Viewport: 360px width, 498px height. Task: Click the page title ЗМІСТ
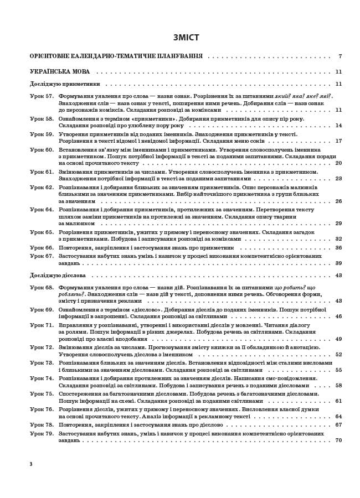pos(186,38)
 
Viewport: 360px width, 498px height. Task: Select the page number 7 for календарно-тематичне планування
pos(340,56)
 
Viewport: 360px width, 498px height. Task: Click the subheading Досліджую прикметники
pos(65,84)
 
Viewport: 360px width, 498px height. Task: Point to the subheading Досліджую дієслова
pos(58,275)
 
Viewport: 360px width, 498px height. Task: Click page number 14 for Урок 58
pos(338,126)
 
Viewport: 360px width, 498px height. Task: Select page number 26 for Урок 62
pos(338,201)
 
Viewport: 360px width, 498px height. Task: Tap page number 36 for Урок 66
pos(338,248)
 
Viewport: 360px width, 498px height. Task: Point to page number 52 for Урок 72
pos(338,354)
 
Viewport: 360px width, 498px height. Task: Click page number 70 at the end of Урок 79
pos(338,440)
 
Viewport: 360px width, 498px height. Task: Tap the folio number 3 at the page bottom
pos(31,464)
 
